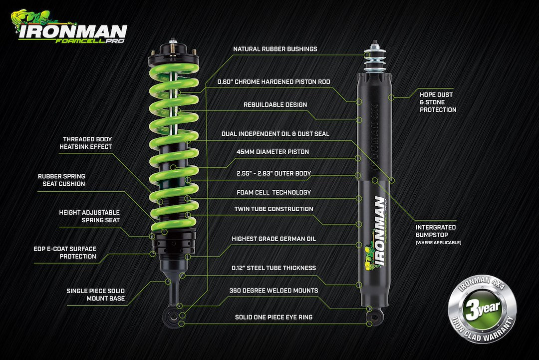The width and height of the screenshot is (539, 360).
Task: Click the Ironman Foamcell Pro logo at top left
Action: pyautogui.click(x=70, y=27)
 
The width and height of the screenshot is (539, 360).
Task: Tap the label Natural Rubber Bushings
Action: pyautogui.click(x=275, y=49)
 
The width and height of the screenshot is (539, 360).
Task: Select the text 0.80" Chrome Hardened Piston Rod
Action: pyautogui.click(x=273, y=81)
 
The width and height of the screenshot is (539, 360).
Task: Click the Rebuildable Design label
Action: pyautogui.click(x=275, y=105)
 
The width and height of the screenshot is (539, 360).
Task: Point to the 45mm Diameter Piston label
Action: pyautogui.click(x=273, y=152)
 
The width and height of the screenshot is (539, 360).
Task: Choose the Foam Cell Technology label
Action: pyautogui.click(x=273, y=192)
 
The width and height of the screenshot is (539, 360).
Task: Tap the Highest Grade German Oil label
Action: pyautogui.click(x=273, y=239)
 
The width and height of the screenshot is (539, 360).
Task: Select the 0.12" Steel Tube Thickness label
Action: pyautogui.click(x=273, y=268)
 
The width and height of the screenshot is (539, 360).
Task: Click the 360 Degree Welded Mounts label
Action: pyautogui.click(x=273, y=290)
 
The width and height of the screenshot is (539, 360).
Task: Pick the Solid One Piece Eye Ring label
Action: pyautogui.click(x=273, y=317)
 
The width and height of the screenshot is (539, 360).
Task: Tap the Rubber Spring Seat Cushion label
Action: pyautogui.click(x=61, y=180)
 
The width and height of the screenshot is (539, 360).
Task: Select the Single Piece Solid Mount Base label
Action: pyautogui.click(x=95, y=295)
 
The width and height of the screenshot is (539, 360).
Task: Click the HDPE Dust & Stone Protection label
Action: pyautogui.click(x=438, y=102)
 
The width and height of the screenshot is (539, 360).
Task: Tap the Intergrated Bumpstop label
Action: pyautogui.click(x=436, y=231)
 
